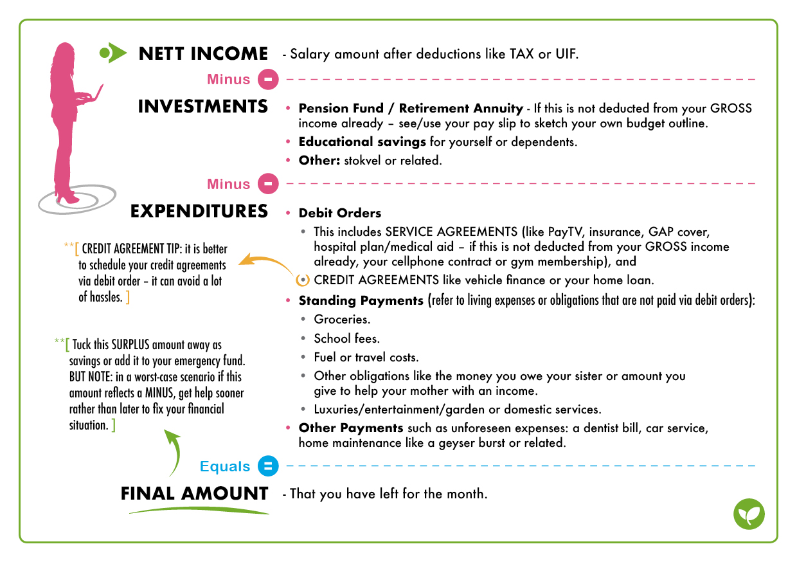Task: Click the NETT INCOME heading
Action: (x=203, y=53)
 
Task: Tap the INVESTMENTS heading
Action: (x=203, y=106)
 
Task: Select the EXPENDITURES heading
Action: (x=199, y=211)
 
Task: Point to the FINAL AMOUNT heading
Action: (x=194, y=494)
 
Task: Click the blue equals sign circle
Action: (x=268, y=466)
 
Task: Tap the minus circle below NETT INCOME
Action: (x=268, y=80)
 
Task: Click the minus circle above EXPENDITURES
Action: (x=268, y=184)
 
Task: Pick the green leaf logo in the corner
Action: (x=749, y=514)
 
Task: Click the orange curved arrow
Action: (x=267, y=264)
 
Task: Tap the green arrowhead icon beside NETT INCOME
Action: (x=113, y=53)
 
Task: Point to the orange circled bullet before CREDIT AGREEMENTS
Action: (x=303, y=280)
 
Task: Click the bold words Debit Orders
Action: (x=339, y=213)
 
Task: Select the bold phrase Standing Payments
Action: (x=361, y=300)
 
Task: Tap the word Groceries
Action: (x=342, y=319)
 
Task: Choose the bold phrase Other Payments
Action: (x=351, y=428)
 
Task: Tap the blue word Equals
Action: (x=225, y=467)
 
